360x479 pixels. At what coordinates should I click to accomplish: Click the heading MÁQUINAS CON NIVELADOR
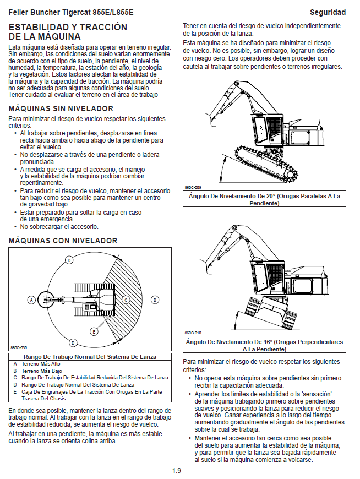pos(63,241)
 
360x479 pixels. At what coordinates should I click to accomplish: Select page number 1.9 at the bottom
pos(176,471)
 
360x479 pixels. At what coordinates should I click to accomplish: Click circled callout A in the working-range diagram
pos(31,300)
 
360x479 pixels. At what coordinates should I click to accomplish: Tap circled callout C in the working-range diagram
pos(126,300)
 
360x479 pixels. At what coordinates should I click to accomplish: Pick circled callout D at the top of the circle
pos(69,260)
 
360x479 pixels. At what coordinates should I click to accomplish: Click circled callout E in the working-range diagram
pos(94,331)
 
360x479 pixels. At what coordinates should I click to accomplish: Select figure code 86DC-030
pos(19,347)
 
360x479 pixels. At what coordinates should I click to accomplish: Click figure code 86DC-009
pos(193,187)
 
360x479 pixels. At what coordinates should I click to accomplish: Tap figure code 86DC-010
pos(193,333)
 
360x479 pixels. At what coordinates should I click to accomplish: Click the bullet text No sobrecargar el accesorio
pos(59,226)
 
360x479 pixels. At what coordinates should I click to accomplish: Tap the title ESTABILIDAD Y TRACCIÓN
pos(68,27)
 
